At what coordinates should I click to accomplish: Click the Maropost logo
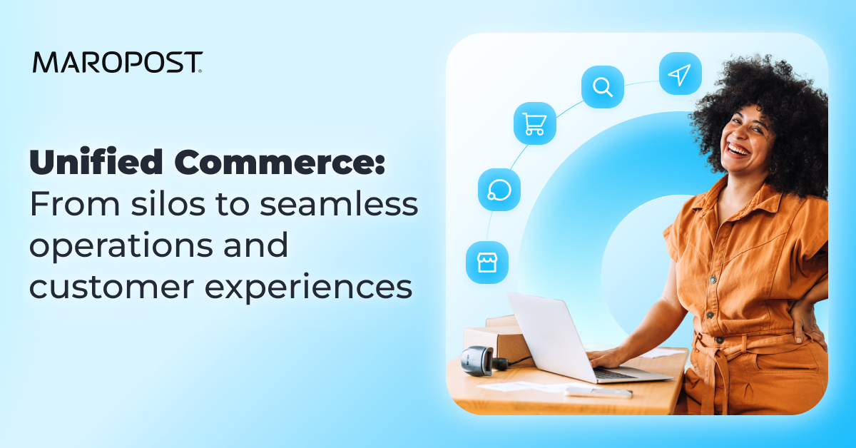[x=117, y=62]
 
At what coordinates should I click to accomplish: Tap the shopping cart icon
[x=534, y=123]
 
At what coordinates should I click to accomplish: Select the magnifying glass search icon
[x=603, y=87]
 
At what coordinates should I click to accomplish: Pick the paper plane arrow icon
[x=680, y=73]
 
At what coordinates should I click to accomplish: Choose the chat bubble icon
[x=499, y=190]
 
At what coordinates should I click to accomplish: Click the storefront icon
[x=486, y=262]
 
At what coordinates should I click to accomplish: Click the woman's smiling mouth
[x=739, y=151]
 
